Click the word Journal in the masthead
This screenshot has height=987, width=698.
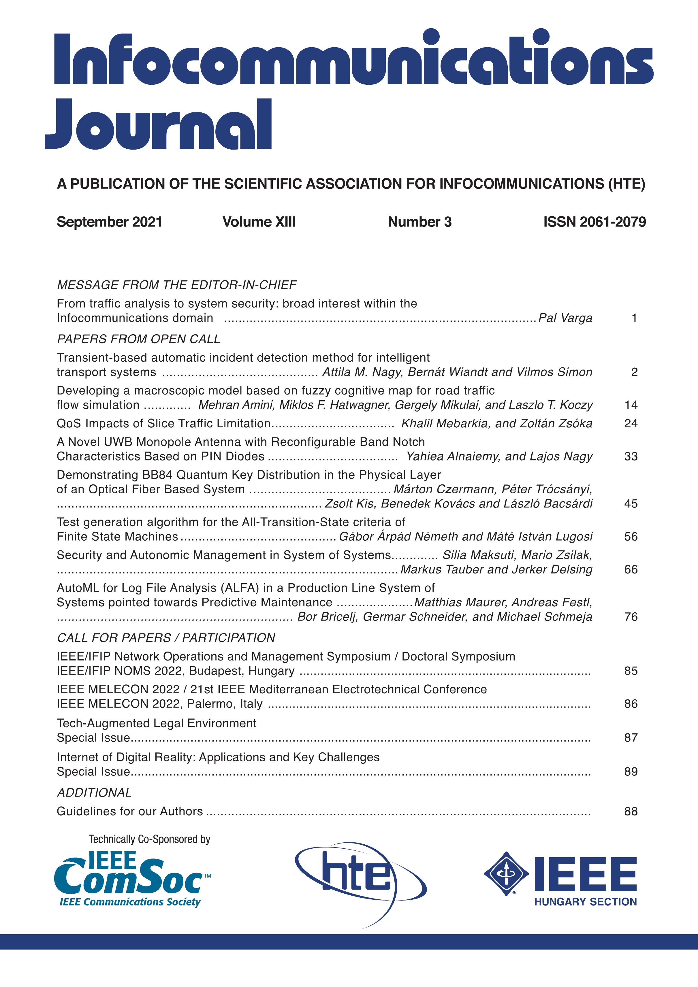(x=158, y=125)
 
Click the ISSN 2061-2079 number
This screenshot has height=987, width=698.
(x=594, y=222)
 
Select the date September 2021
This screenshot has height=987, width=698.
(x=109, y=222)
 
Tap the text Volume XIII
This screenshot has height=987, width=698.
(x=259, y=222)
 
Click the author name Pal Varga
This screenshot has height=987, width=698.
(x=565, y=318)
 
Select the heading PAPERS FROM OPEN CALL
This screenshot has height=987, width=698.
(x=138, y=339)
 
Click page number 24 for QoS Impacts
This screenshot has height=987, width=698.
(x=631, y=423)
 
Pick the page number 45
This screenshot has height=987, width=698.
(x=631, y=503)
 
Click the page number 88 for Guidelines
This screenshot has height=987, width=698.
(x=631, y=811)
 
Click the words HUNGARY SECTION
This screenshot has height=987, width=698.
(x=585, y=901)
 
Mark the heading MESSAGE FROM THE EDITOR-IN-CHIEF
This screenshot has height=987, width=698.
(x=177, y=285)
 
